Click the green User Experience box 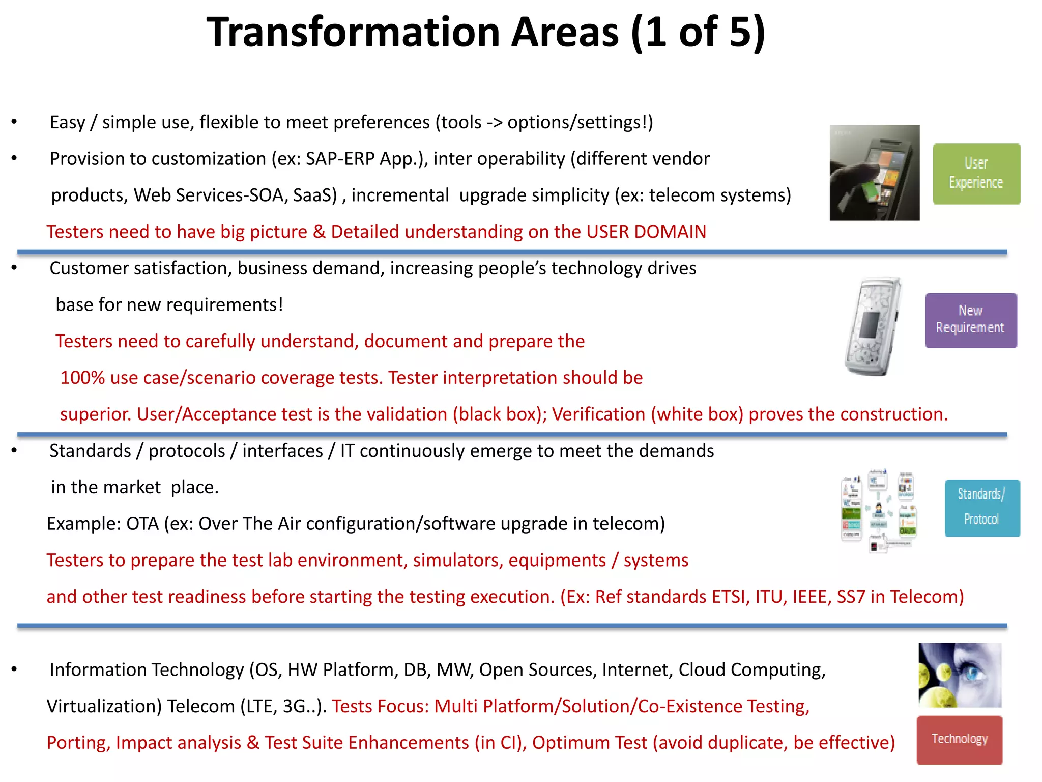[x=976, y=174]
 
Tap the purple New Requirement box [x=970, y=320]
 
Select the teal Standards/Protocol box [x=981, y=508]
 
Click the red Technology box [x=959, y=739]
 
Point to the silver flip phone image [x=872, y=326]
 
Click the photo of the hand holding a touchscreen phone [x=874, y=173]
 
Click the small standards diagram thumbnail [x=878, y=511]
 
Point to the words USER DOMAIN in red [x=646, y=232]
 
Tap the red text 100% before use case [x=82, y=378]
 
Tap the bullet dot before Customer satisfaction [x=14, y=268]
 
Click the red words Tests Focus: [x=380, y=707]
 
